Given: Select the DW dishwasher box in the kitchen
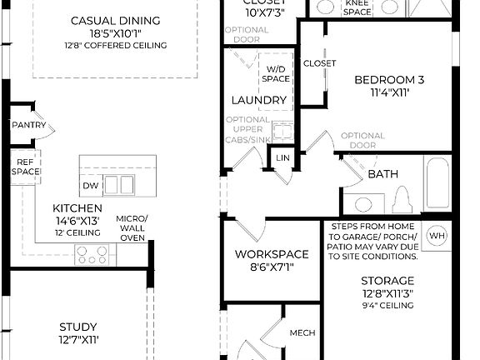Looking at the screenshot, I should point(91,185).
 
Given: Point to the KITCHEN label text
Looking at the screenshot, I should point(77,208).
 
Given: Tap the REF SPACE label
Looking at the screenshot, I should point(25,166).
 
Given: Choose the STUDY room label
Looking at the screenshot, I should point(78,327).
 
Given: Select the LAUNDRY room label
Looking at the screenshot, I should point(259,100).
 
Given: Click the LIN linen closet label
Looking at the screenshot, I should point(283,157).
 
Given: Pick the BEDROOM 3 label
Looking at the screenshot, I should point(389,80).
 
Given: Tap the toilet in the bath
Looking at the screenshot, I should point(402,200).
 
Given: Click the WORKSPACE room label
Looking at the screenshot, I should point(272,254).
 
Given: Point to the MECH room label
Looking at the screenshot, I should point(302,333).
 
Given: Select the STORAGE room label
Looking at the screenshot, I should point(387,281).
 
